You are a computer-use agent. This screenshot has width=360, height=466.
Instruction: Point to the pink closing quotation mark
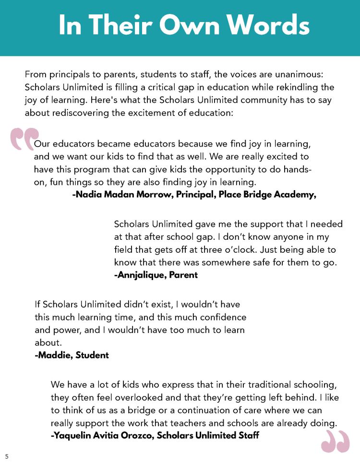click(335, 441)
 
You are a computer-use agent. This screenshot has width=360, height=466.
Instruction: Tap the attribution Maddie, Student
click(72, 356)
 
